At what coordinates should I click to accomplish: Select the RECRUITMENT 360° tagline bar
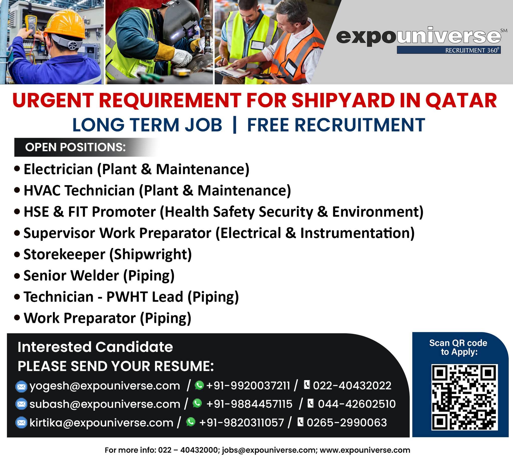[449, 50]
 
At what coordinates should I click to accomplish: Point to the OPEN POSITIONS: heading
[75, 147]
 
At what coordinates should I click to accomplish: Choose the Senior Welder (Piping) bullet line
[95, 276]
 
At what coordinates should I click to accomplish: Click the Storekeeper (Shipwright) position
[103, 255]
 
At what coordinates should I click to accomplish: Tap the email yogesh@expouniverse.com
[105, 386]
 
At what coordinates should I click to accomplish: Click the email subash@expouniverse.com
[105, 404]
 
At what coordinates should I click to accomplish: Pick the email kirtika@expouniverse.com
[101, 422]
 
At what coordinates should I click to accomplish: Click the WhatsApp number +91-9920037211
[248, 386]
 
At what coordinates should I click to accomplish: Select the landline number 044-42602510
[357, 404]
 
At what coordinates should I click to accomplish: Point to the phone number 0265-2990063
[347, 422]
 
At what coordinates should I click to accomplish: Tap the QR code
[464, 397]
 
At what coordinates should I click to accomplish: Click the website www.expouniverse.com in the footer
[365, 450]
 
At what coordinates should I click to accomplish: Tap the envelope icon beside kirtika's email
[21, 422]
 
